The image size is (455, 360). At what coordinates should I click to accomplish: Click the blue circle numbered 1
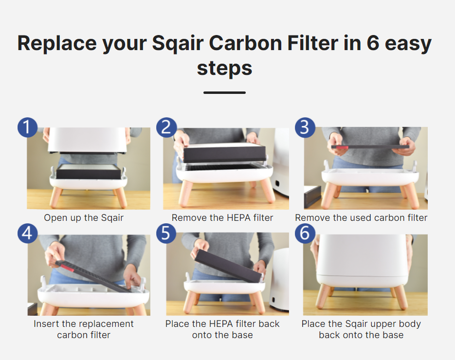point(28,127)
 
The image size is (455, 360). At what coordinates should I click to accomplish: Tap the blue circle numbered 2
point(166,127)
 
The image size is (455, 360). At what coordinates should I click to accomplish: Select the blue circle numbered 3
point(305,127)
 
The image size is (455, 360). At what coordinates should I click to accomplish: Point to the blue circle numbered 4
point(28,233)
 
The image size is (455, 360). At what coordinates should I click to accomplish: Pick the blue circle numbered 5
point(166,233)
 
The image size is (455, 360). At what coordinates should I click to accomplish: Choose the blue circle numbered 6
point(305,233)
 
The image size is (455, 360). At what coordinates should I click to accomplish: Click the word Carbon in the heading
point(245,43)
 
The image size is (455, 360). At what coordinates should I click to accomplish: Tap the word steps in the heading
point(225,69)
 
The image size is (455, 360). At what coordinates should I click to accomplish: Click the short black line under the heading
point(225,92)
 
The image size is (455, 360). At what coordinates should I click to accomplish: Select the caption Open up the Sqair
point(84,218)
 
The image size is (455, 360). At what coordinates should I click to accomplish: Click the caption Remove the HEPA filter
point(222,218)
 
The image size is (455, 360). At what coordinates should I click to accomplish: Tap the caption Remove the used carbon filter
point(361,218)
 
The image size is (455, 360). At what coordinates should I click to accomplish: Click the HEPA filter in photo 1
point(89,171)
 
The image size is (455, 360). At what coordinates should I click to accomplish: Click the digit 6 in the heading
point(373,43)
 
